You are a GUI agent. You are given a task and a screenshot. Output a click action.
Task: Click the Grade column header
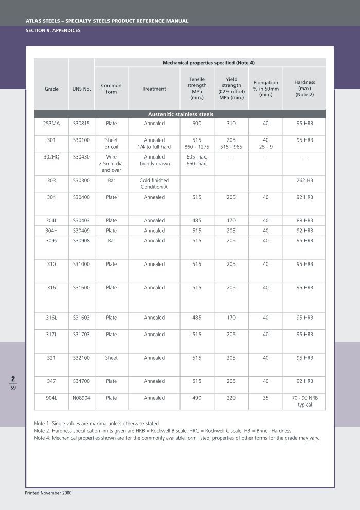point(51,89)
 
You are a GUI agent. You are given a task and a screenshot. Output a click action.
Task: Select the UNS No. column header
point(82,89)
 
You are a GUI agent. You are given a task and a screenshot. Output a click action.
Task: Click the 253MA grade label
point(51,124)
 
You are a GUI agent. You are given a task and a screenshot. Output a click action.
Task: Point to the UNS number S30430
point(82,157)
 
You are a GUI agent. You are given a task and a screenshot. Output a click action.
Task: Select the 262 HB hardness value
point(304,181)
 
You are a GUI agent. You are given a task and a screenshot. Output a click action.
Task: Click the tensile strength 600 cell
point(197,124)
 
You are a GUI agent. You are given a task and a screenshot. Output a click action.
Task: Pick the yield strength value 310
point(231,124)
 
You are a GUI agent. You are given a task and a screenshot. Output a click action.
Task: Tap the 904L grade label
point(51,398)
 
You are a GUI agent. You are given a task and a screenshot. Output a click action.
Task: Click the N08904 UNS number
point(82,398)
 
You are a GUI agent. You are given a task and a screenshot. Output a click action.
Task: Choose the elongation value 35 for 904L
point(265,398)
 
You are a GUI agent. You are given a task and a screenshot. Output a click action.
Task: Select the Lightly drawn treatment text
point(154,164)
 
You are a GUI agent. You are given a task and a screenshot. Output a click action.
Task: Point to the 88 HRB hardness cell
point(304,221)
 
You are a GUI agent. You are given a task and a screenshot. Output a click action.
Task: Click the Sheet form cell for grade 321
point(111,358)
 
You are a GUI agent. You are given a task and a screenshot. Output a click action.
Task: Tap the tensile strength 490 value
point(197,398)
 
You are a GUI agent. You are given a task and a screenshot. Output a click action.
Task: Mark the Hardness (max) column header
point(304,89)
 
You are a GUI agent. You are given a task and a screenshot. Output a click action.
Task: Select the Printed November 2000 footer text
point(48,493)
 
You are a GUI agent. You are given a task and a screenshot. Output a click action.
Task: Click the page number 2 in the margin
point(13,379)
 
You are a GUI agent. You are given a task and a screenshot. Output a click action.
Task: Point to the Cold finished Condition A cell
point(154,184)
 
